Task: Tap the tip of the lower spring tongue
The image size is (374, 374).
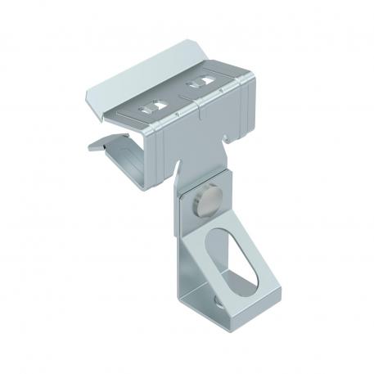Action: [92, 148]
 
